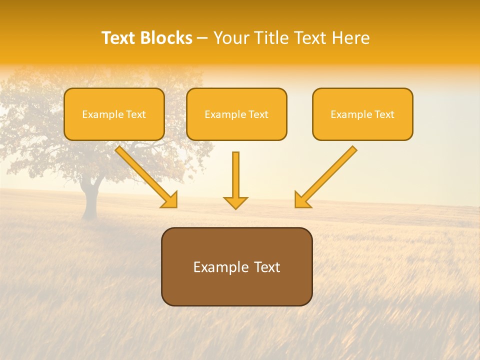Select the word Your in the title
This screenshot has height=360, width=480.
[232, 38]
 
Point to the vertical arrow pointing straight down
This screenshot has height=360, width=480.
[235, 175]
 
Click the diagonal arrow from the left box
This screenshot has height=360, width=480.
[145, 175]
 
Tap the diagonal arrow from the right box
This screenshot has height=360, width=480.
[327, 175]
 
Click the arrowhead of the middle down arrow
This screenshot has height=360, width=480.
[235, 202]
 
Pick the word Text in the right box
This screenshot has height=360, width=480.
[384, 114]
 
